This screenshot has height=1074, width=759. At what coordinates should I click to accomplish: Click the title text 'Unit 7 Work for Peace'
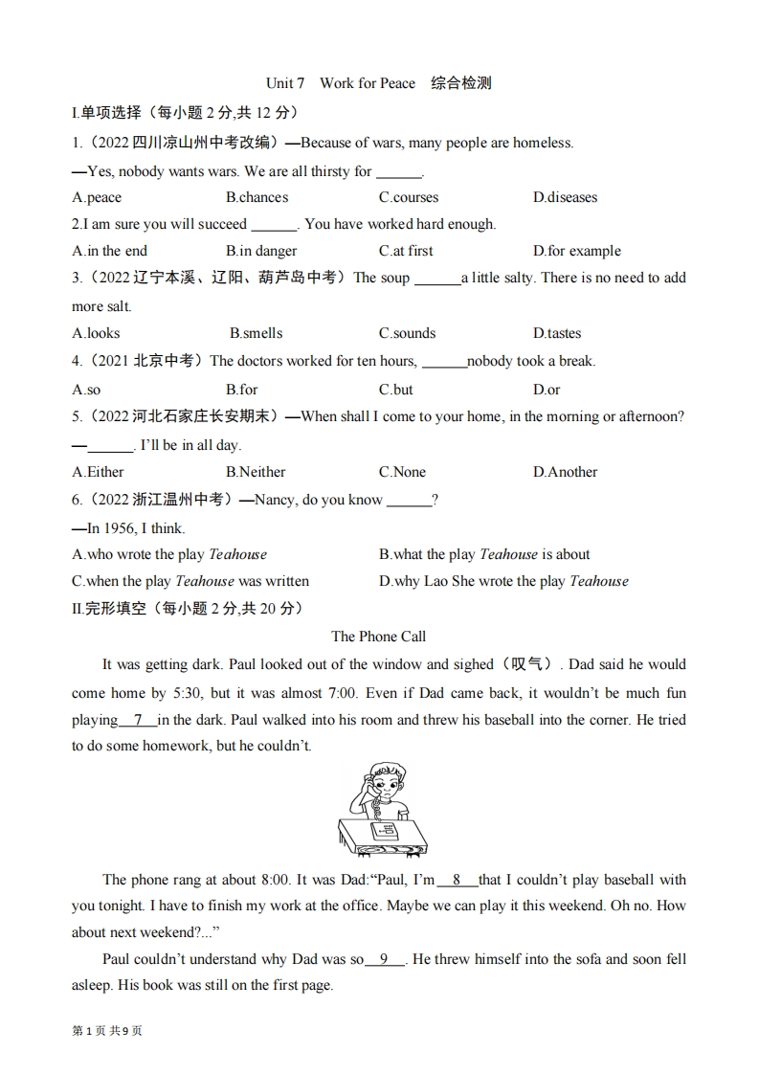coord(341,83)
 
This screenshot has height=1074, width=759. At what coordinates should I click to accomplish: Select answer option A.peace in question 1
coord(97,197)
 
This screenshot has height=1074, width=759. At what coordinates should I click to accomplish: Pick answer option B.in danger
coord(261,251)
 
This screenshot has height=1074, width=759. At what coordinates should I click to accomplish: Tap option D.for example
coord(576,251)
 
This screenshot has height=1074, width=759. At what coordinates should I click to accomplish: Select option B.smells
coord(256,333)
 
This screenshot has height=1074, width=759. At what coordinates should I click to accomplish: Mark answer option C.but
coord(396,390)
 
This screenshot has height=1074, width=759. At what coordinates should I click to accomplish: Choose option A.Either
coord(98,472)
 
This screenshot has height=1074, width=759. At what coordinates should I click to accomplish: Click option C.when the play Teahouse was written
coord(190,581)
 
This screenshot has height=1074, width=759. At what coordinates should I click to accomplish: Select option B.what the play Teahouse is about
coord(484,554)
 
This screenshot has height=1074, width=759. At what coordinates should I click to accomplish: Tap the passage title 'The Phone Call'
coord(379,637)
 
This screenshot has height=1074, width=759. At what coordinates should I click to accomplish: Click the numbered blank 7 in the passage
coord(138,720)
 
